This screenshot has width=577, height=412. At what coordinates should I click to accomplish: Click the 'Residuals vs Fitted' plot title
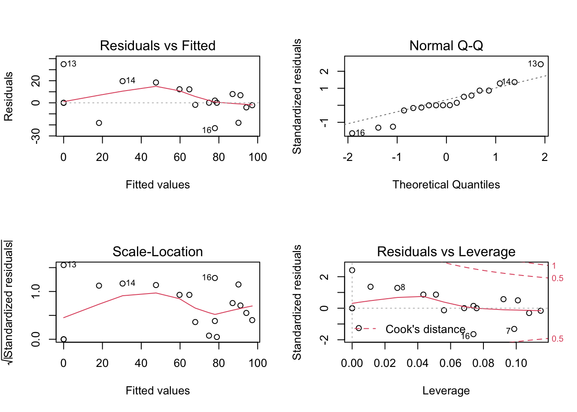(x=158, y=45)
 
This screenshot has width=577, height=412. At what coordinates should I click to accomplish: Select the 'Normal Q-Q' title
(x=446, y=45)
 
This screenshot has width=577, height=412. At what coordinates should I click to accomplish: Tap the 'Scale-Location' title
(x=158, y=251)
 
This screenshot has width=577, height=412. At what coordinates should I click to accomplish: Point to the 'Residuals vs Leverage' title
(x=446, y=251)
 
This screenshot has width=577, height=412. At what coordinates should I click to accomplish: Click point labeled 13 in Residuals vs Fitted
(x=64, y=64)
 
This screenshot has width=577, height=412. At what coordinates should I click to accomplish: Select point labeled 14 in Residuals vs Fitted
(x=122, y=81)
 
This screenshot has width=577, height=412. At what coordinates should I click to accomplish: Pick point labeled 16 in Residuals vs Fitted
(x=215, y=128)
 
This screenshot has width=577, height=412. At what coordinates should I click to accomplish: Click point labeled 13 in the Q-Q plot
(x=541, y=64)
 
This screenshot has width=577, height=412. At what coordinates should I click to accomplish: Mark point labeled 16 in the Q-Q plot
(x=352, y=133)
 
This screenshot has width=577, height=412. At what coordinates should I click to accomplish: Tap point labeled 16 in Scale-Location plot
(x=215, y=278)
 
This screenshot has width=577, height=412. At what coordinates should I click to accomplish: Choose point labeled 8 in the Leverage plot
(x=397, y=288)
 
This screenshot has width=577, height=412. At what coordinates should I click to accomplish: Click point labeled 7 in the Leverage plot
(x=514, y=329)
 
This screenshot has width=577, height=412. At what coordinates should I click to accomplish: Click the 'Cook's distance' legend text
(x=425, y=329)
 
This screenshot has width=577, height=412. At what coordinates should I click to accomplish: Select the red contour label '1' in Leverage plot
(x=554, y=266)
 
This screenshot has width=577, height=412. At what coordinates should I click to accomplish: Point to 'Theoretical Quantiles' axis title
(x=446, y=185)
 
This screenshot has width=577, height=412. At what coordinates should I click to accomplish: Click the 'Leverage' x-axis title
(x=446, y=391)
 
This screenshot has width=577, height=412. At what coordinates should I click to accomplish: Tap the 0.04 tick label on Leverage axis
(x=417, y=364)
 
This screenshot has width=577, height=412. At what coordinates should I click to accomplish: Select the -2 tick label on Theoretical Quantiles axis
(x=348, y=158)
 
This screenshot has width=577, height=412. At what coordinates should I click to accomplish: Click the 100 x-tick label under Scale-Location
(x=258, y=364)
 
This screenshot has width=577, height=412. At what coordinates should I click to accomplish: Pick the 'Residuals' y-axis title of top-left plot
(x=9, y=97)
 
